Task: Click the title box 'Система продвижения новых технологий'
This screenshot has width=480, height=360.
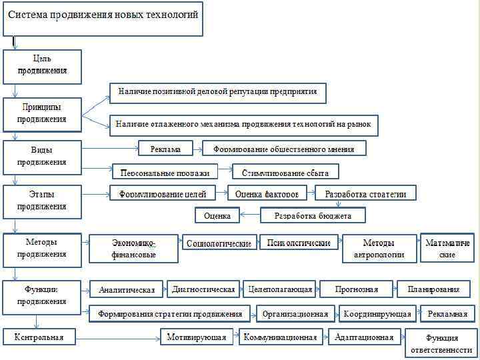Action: pos(103,18)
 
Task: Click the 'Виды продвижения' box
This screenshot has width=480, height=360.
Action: pos(42,156)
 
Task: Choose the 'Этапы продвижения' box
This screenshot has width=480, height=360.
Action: pos(42,201)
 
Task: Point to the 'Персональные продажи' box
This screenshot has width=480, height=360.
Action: pos(165,172)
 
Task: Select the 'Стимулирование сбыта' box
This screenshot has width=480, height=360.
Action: pos(285,172)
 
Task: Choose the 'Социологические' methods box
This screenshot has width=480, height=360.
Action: pos(219,243)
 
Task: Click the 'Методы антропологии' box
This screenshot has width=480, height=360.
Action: pos(379,249)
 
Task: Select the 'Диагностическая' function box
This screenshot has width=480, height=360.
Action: pos(203,289)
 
